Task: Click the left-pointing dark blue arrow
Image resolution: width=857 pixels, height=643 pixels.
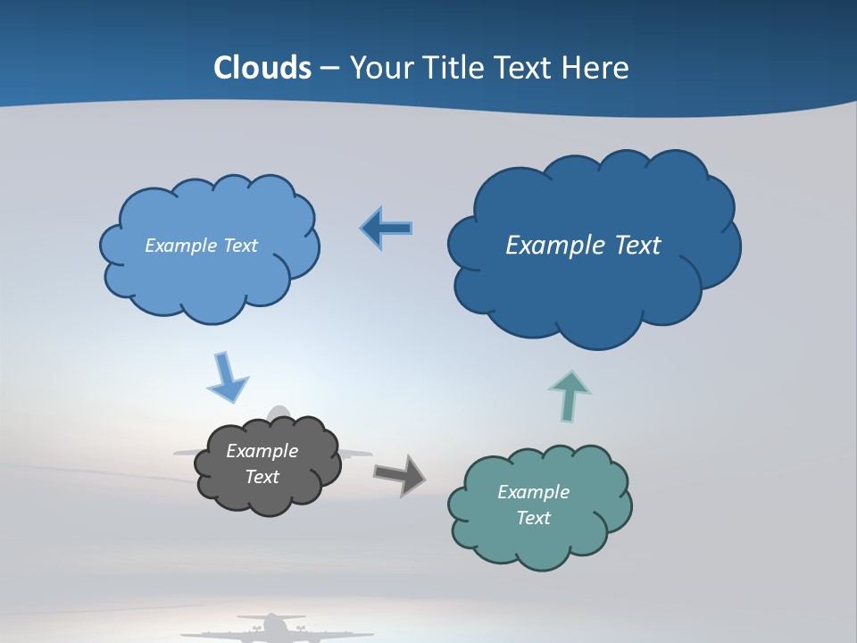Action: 387,229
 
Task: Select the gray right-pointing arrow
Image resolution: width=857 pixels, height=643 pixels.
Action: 399,474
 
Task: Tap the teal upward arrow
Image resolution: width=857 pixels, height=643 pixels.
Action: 570,395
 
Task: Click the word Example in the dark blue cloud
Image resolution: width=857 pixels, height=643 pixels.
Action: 545,245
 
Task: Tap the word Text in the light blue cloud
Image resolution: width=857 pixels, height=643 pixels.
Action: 241,246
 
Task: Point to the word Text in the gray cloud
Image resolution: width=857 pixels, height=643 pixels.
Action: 262,477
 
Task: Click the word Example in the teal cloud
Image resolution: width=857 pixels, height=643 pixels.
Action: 533,492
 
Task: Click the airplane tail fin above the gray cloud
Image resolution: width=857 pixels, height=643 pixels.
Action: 280,413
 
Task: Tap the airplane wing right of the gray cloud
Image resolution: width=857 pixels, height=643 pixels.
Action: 356,453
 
